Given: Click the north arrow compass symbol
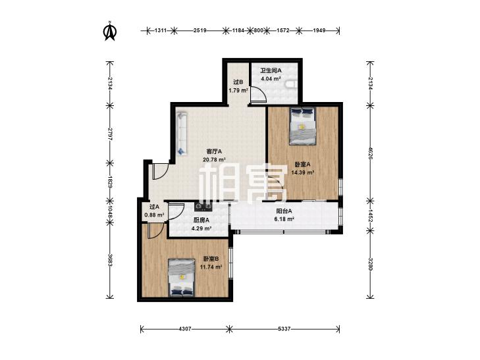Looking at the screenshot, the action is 109,30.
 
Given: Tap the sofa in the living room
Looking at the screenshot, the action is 182,134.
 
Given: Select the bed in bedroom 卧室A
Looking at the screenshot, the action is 303,126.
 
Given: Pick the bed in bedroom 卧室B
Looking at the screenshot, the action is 182,278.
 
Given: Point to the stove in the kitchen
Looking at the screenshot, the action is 203,207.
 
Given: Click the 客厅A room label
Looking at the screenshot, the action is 214,151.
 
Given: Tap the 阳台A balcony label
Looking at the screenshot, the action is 284,211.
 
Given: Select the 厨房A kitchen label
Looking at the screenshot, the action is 201,220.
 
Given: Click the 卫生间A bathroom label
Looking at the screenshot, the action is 271,70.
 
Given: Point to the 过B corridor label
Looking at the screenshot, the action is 238,82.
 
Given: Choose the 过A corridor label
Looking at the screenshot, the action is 154,207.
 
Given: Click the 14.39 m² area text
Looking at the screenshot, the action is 303,172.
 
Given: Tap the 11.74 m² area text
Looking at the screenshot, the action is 211,267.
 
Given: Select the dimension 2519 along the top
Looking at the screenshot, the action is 200,30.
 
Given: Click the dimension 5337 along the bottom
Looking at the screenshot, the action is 284,329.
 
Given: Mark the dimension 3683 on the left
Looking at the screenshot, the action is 109,259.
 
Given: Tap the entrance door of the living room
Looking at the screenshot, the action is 160,171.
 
